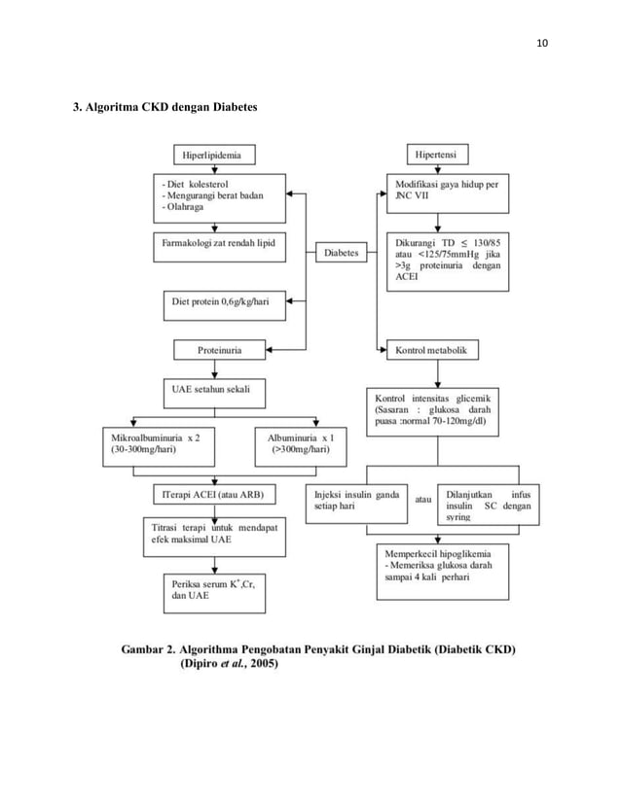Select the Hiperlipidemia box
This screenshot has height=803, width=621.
pyautogui.click(x=206, y=155)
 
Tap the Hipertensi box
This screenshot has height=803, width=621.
pyautogui.click(x=438, y=155)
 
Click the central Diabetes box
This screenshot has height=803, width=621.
pyautogui.click(x=341, y=253)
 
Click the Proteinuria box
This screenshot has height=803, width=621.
pyautogui.click(x=220, y=349)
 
